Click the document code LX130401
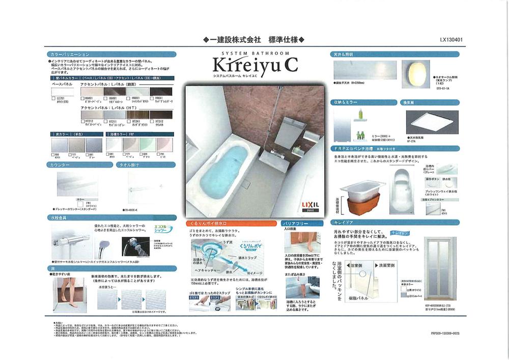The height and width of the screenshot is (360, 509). (x=451, y=39)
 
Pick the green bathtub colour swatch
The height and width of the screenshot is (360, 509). (x=148, y=144)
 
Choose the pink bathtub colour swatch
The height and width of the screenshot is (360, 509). (x=165, y=144)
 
